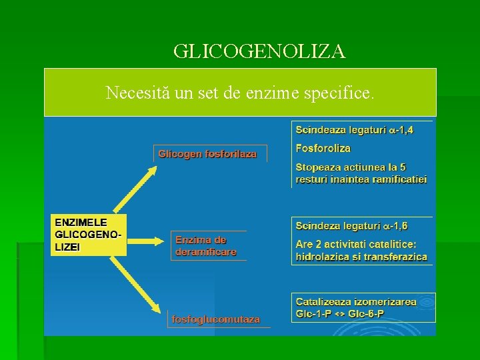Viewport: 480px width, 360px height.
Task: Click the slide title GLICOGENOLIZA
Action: (259, 51)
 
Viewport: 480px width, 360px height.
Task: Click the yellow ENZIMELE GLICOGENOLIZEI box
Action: (89, 234)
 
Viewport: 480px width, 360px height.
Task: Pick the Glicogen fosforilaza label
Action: (207, 154)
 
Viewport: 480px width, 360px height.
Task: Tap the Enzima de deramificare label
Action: (205, 246)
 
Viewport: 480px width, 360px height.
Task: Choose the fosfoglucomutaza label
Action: (216, 319)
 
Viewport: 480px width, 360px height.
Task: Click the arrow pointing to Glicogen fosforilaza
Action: (137, 189)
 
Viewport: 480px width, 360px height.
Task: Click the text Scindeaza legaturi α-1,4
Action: (354, 130)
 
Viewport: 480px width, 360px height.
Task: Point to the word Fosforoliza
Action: (323, 148)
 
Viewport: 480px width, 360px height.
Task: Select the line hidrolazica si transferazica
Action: (361, 257)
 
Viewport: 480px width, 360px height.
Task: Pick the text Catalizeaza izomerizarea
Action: (356, 302)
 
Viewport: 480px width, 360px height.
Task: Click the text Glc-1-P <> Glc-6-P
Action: (339, 314)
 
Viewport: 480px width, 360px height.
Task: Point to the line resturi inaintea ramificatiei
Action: (361, 179)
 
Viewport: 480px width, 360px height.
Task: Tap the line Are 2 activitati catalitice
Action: (356, 244)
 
